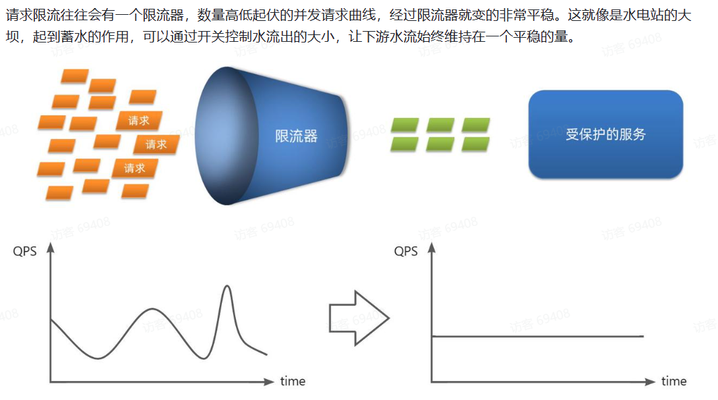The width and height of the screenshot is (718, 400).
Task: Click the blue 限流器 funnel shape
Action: point(283,134)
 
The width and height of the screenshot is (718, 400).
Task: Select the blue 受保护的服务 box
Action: point(605,134)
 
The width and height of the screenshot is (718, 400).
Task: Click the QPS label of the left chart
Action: point(25,252)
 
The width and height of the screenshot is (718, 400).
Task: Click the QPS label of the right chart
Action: point(406,252)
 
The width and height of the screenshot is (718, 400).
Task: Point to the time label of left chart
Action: point(293,381)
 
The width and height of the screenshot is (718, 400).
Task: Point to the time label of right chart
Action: point(674,381)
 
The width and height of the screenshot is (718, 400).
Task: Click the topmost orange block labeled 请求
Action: point(138,121)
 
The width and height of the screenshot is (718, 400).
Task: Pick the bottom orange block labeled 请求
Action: point(134,168)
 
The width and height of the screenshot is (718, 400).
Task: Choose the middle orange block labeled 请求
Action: point(156,144)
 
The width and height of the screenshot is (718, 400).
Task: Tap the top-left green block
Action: point(405,125)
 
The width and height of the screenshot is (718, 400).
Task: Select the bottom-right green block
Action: point(475,143)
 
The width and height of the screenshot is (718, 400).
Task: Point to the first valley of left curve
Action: point(98,358)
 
